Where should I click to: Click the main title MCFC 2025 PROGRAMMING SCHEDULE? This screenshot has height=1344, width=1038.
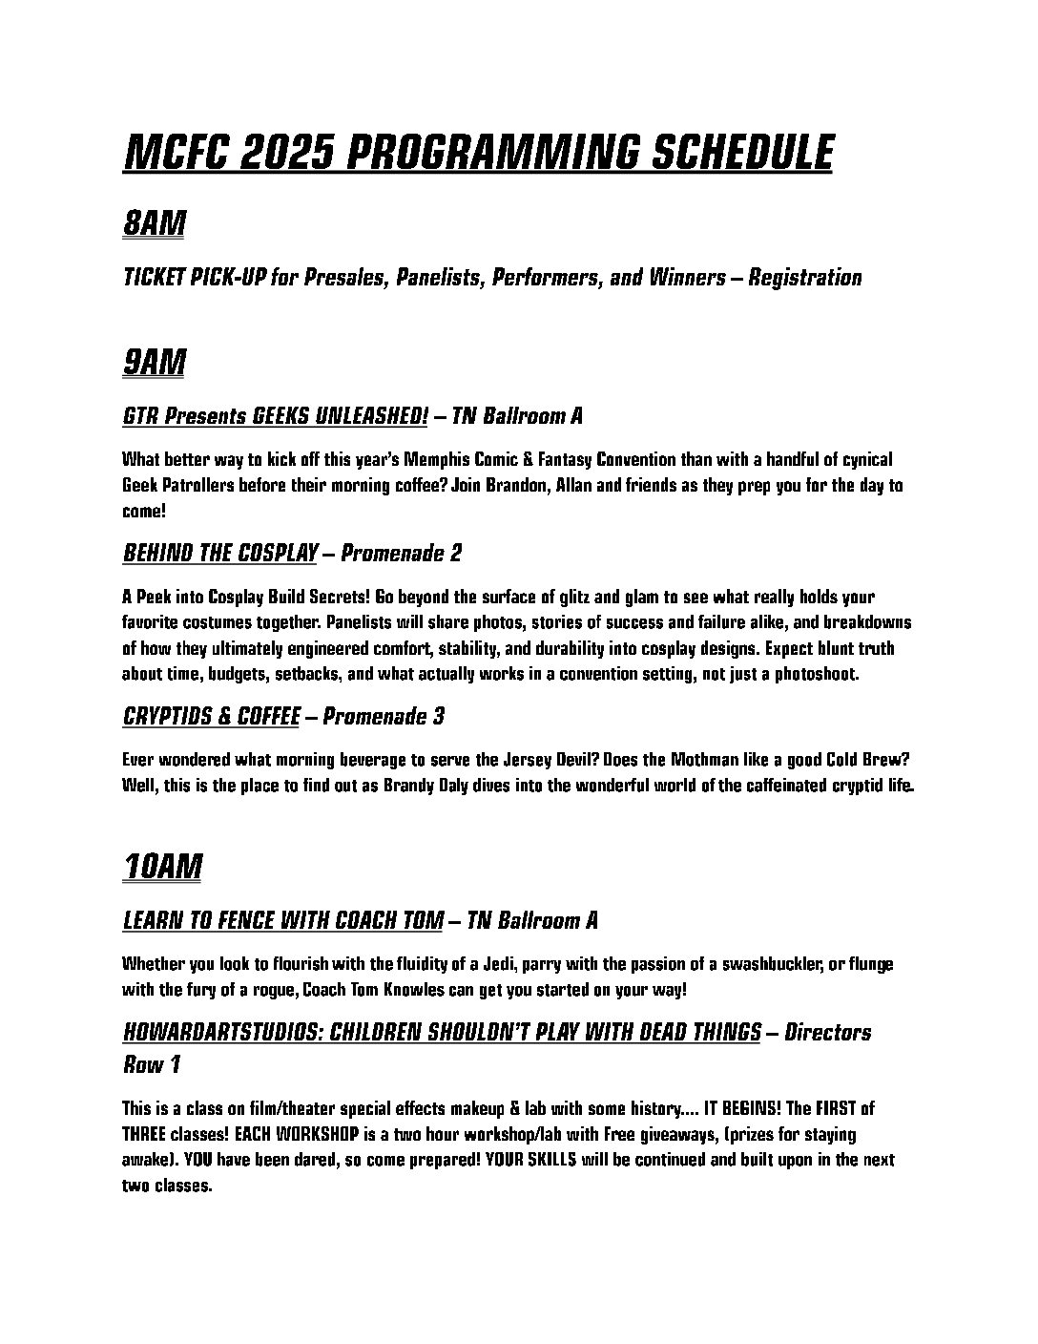click(x=477, y=153)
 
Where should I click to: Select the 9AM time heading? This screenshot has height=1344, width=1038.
click(x=154, y=363)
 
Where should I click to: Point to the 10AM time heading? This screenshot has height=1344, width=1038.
click(x=162, y=868)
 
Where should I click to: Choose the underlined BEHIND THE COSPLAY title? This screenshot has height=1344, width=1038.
click(x=219, y=553)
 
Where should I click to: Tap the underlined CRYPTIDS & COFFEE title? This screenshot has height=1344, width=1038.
click(x=211, y=716)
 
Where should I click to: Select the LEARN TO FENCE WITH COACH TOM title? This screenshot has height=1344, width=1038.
click(x=282, y=920)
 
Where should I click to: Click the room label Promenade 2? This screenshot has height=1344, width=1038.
click(x=402, y=553)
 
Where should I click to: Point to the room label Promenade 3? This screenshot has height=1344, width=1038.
click(x=384, y=716)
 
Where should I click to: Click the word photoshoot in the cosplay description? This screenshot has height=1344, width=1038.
click(x=818, y=674)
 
